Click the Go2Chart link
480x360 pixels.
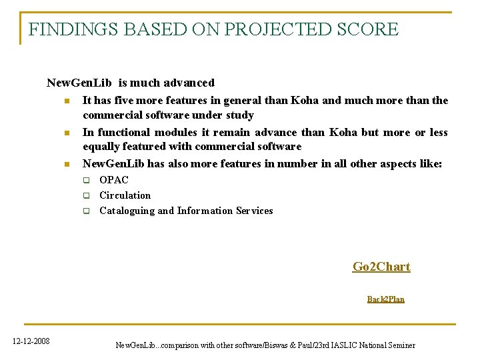point(381,267)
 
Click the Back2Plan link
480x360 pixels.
point(385,299)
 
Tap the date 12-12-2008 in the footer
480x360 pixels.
point(31,341)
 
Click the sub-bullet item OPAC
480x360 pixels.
point(114,180)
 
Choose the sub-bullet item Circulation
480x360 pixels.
point(125,195)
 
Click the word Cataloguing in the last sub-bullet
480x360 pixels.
point(127,211)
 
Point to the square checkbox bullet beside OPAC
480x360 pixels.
point(86,180)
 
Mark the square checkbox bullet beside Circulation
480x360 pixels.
point(86,195)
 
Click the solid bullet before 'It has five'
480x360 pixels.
point(67,101)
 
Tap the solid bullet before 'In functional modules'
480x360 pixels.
point(67,133)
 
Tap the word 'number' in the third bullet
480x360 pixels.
point(296,163)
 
